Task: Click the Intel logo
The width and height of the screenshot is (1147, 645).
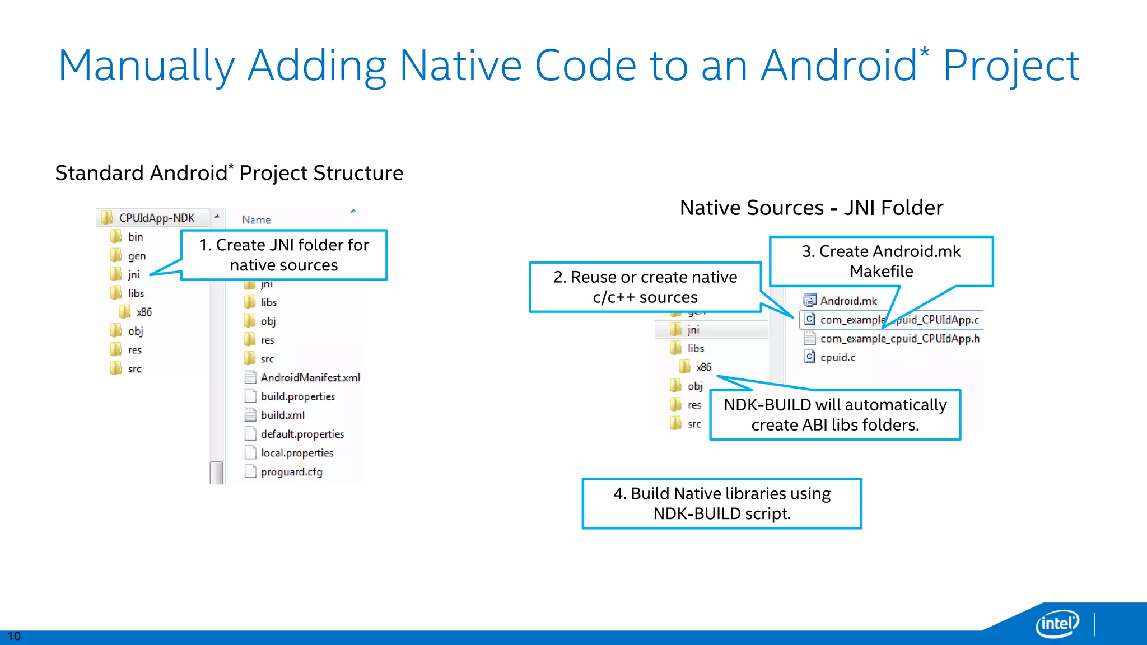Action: (x=1057, y=623)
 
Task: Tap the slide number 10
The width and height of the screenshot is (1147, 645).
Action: (x=14, y=636)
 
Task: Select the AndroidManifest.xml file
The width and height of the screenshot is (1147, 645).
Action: (x=310, y=378)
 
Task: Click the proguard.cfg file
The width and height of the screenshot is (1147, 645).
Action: (x=291, y=472)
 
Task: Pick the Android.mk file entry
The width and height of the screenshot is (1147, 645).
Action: (x=848, y=301)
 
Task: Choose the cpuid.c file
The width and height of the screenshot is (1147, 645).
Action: (x=837, y=357)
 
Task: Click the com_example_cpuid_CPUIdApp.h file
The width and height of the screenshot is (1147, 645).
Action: (x=899, y=339)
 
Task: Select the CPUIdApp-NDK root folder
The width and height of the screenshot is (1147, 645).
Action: (x=156, y=218)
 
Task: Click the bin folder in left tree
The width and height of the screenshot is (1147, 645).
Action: (x=135, y=237)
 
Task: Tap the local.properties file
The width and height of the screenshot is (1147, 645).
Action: (x=296, y=453)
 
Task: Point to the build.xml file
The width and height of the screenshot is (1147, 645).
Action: (x=282, y=415)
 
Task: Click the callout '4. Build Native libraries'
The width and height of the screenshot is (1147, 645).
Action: (x=721, y=503)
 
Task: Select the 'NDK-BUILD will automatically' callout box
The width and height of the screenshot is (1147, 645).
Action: (x=834, y=415)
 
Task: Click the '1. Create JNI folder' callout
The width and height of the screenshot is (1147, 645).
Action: (x=284, y=255)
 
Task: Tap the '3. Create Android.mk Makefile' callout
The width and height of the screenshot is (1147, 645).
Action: (x=881, y=261)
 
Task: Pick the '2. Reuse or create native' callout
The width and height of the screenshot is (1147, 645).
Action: (x=645, y=287)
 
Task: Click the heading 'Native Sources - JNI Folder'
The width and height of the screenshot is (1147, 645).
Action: (x=811, y=208)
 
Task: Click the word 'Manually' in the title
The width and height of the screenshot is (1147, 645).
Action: (x=146, y=66)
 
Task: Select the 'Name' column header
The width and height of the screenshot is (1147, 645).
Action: (x=257, y=220)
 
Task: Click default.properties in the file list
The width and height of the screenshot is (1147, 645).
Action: (x=302, y=434)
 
